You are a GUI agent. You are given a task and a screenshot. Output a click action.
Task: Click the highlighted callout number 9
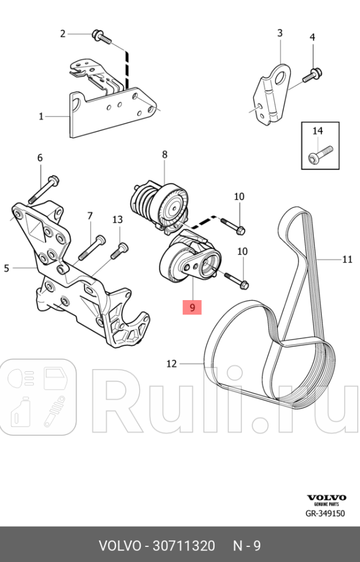(192, 306)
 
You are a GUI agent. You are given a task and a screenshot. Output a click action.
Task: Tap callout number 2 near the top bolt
(63, 34)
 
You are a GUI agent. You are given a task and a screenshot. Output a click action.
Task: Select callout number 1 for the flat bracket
(41, 116)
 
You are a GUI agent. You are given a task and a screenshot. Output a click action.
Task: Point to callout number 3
(279, 33)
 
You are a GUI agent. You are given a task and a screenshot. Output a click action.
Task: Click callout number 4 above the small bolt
(312, 38)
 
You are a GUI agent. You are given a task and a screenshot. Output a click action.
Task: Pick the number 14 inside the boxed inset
(318, 131)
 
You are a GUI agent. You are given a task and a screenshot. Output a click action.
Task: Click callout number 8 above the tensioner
(165, 154)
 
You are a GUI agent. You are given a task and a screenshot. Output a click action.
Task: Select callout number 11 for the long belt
(347, 259)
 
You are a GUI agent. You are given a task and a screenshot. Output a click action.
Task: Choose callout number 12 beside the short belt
(171, 364)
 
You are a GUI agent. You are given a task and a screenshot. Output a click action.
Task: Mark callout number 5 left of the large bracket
(6, 268)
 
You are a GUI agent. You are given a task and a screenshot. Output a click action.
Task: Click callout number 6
(40, 158)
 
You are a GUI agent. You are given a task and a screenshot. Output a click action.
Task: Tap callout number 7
(90, 216)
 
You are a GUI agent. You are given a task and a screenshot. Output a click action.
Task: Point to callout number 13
(118, 219)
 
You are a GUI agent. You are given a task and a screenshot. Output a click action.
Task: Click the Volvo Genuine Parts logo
(326, 500)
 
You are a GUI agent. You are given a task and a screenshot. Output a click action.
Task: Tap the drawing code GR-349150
(325, 513)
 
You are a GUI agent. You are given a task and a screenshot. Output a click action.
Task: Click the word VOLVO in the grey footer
(120, 546)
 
